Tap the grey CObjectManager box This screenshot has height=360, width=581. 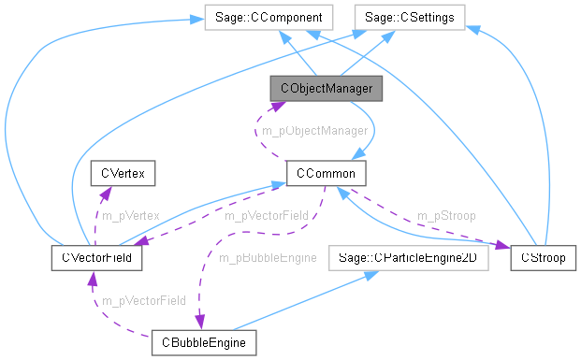(326, 89)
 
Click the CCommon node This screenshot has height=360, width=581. (325, 173)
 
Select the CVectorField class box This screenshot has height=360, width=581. (95, 257)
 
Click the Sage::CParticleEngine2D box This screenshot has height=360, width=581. (408, 257)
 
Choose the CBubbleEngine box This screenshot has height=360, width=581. (203, 343)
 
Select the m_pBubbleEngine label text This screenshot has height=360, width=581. (268, 256)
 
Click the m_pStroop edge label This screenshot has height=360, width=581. (445, 215)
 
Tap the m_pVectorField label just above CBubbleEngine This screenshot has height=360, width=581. (144, 300)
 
